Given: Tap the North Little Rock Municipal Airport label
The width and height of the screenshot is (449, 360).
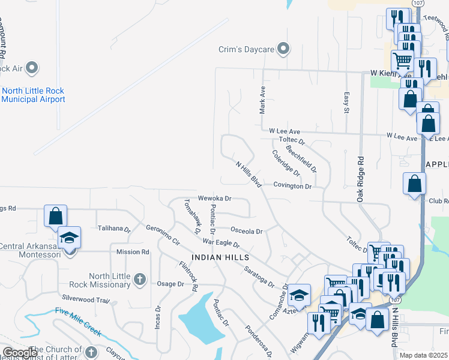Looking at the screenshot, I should tap(33, 95).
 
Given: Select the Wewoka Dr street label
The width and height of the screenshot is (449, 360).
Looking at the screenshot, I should tap(214, 198).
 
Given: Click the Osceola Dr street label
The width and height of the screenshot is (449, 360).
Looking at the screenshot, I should tap(247, 231).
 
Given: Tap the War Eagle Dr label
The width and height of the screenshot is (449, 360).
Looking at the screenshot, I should tap(221, 243).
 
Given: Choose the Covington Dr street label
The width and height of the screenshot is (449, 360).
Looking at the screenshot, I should tap(292, 186).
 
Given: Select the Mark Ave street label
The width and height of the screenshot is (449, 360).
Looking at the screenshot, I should tap(262, 100).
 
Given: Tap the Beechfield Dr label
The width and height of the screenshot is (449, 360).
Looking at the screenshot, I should tap(301, 158).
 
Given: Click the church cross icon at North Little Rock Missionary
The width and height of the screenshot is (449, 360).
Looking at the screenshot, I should tap(139, 278).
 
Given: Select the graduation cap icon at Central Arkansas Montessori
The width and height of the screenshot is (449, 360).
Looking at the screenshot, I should tap(70, 238).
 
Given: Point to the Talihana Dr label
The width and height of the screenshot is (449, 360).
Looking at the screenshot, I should tap(114, 229).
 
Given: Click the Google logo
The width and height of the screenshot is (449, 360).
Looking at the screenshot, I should tap(20, 352).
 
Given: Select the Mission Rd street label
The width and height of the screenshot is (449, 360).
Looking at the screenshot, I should tap(132, 252).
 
